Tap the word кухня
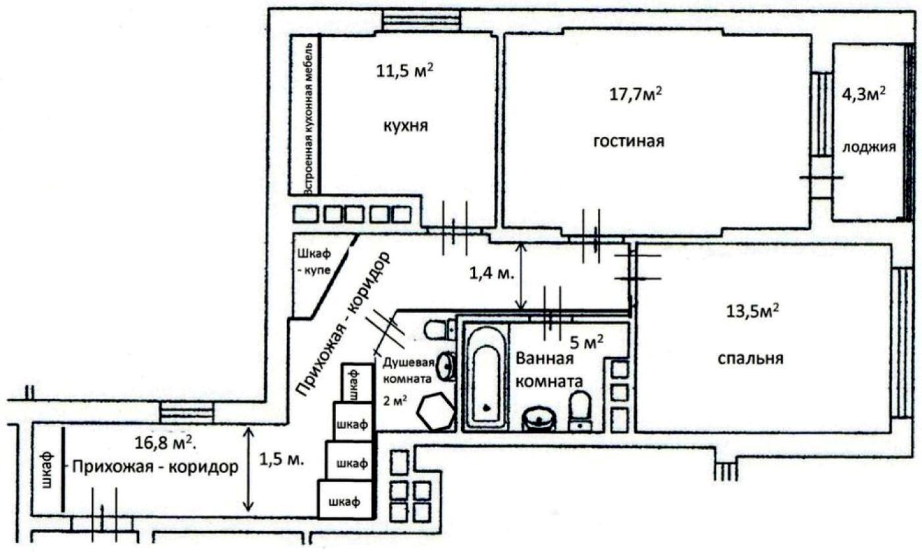(x=405, y=126)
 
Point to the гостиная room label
(x=628, y=141)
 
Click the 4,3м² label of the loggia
(x=865, y=94)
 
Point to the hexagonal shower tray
(x=435, y=412)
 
